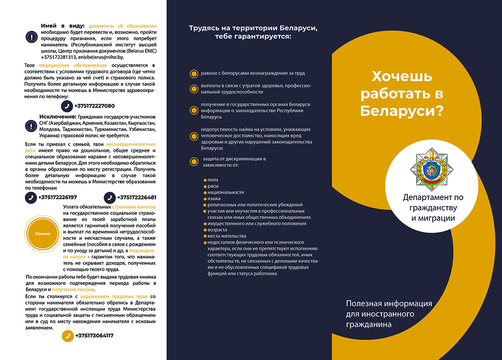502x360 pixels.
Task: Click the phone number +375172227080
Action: coord(94,106)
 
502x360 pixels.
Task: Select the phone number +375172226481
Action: coord(137,198)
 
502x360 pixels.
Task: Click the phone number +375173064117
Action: coord(94,336)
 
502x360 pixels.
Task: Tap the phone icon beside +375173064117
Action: coord(68,336)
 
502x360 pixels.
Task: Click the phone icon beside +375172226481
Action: coord(110,198)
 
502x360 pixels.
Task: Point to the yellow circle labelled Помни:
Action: coord(43,233)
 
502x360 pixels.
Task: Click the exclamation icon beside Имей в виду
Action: coord(31,38)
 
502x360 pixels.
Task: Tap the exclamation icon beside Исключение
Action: coord(31,127)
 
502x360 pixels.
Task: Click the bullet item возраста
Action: coord(217,230)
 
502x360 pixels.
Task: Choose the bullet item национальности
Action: coord(226,192)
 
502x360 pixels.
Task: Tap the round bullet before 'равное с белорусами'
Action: coord(193,74)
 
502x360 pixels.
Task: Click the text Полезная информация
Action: coord(389,304)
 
